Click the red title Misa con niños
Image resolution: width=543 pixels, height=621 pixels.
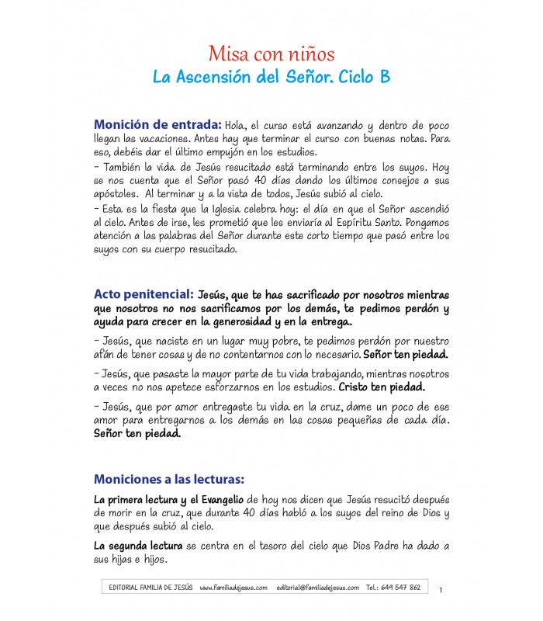pos(271,54)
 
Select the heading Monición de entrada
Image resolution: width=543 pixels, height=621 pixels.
pos(157,125)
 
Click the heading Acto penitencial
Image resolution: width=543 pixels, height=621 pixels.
pos(144,295)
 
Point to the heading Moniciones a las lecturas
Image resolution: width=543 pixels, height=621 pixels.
pos(168,479)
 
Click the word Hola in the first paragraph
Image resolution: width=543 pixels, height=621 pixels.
pos(237,126)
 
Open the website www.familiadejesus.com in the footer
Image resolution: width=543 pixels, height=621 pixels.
pos(233,588)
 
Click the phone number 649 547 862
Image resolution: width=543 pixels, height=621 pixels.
pos(403,588)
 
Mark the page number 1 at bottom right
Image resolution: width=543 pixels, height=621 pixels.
pos(440,591)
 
